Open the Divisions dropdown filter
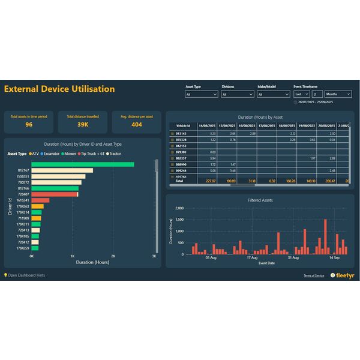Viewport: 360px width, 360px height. (x=238, y=94)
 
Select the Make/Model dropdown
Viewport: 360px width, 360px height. (x=273, y=94)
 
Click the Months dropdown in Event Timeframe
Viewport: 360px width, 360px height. (x=338, y=94)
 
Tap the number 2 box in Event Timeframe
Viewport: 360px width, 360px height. (x=317, y=94)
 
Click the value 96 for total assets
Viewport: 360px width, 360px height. (x=29, y=125)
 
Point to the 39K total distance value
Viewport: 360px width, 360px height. (x=83, y=125)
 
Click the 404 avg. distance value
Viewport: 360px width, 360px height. (x=137, y=125)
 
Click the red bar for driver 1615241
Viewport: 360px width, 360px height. (x=35, y=200)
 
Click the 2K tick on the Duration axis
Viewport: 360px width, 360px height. (x=113, y=256)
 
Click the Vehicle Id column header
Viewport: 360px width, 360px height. (x=183, y=125)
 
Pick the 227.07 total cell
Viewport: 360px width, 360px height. (x=210, y=181)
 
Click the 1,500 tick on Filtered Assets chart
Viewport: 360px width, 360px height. (x=178, y=220)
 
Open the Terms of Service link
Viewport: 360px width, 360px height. (x=314, y=275)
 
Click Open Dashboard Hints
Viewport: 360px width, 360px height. (x=25, y=275)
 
